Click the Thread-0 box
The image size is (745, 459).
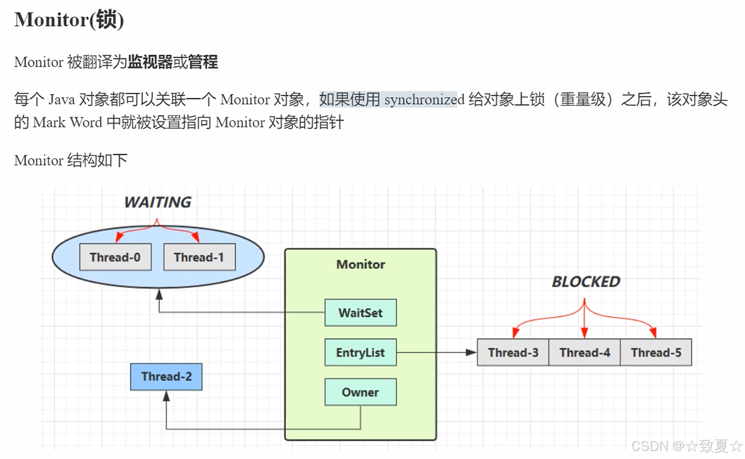pyautogui.click(x=115, y=257)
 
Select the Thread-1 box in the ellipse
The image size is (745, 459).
pyautogui.click(x=199, y=257)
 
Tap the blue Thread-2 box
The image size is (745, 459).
pyautogui.click(x=166, y=377)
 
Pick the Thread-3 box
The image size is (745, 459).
pyautogui.click(x=513, y=352)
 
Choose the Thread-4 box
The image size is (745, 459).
pyautogui.click(x=585, y=352)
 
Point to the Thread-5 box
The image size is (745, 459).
pyautogui.click(x=656, y=352)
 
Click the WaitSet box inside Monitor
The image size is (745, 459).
pyautogui.click(x=360, y=313)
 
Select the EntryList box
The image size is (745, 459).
pyautogui.click(x=360, y=352)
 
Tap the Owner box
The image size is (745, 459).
pyautogui.click(x=360, y=392)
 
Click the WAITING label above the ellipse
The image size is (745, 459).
pyautogui.click(x=158, y=202)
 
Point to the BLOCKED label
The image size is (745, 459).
pyautogui.click(x=586, y=282)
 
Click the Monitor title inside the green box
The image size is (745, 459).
pyautogui.click(x=360, y=264)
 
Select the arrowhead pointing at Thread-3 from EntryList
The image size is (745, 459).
pyautogui.click(x=471, y=352)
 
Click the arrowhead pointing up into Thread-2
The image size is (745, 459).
pyautogui.click(x=166, y=396)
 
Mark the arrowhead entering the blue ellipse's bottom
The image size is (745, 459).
pyautogui.click(x=159, y=295)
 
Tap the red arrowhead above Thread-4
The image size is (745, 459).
pyautogui.click(x=585, y=333)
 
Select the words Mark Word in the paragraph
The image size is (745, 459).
pyautogui.click(x=68, y=122)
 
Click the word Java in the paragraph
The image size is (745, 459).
pyautogui.click(x=61, y=100)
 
